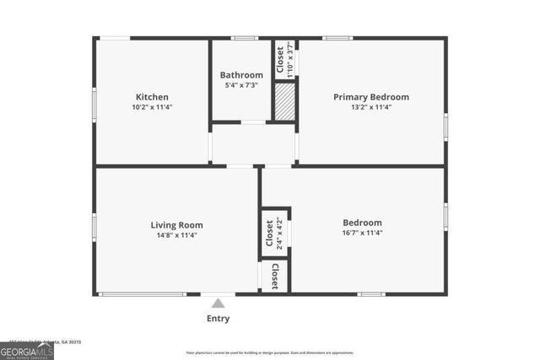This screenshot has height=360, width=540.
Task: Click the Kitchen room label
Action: (x=152, y=97)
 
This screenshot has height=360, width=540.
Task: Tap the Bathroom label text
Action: (x=241, y=75)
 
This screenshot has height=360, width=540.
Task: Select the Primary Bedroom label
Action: (x=370, y=97)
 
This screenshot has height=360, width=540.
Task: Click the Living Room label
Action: (x=176, y=225)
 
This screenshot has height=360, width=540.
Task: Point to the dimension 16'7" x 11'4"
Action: (x=362, y=233)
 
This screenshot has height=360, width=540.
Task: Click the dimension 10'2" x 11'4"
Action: (x=152, y=107)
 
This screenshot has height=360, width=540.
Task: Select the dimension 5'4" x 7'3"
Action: (x=241, y=85)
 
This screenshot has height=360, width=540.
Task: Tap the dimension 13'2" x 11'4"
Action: (x=370, y=107)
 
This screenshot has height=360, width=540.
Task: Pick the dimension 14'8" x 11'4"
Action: (x=176, y=235)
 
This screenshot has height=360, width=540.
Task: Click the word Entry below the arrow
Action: (x=218, y=319)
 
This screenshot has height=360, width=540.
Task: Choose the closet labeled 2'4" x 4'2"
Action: (x=274, y=232)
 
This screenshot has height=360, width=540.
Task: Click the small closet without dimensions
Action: (x=274, y=277)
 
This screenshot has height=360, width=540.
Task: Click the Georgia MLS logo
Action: (x=27, y=351)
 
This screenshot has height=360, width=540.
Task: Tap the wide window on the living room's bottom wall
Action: (x=142, y=294)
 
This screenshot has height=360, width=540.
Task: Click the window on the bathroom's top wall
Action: (x=245, y=38)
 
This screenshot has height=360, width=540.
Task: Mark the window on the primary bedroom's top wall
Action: (x=338, y=38)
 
